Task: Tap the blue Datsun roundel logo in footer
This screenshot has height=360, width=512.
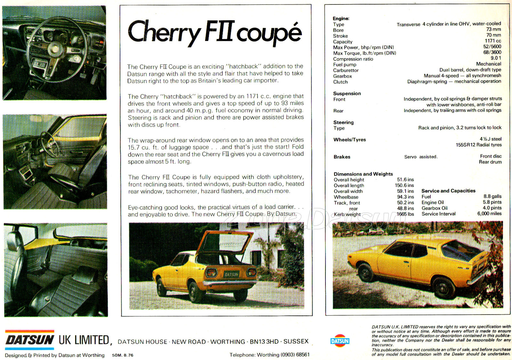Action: click(340, 341)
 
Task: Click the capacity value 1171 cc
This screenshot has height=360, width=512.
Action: click(493, 41)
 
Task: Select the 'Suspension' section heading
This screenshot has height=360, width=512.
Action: click(347, 94)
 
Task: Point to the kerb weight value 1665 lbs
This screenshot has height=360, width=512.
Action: click(405, 214)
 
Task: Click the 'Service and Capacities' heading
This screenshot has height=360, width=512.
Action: click(448, 191)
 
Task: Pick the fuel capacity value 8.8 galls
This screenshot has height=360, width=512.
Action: click(492, 196)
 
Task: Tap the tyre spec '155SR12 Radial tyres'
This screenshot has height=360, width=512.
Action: click(478, 145)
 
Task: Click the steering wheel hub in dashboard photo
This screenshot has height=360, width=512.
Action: click(55, 48)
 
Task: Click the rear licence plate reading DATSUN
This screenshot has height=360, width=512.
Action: click(231, 274)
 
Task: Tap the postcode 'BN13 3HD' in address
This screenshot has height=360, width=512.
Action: click(264, 342)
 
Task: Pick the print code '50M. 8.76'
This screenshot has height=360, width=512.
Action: click(123, 355)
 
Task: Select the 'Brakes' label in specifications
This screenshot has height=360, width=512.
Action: click(342, 157)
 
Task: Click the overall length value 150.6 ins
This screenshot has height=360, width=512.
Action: click(404, 185)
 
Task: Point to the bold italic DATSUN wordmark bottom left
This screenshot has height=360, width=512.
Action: click(30, 340)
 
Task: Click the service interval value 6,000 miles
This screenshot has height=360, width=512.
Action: click(489, 214)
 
